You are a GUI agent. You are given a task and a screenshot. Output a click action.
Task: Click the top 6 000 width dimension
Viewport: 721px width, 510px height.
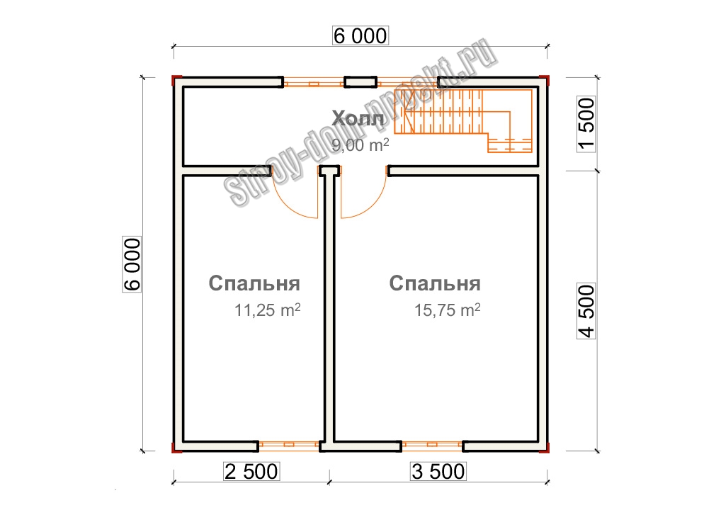point(360,36)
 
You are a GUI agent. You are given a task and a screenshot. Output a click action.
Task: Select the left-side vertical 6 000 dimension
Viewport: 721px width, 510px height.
point(132,264)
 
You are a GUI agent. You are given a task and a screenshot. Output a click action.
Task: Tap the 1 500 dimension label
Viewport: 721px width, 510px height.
point(586,124)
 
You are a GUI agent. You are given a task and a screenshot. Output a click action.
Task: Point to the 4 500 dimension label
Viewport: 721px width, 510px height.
point(586,311)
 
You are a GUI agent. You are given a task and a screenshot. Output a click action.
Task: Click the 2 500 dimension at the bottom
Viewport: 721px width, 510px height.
point(251,471)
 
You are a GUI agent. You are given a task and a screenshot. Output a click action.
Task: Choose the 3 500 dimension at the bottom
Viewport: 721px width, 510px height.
point(438,471)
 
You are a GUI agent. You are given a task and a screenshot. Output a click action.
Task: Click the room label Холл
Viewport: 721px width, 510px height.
point(358,118)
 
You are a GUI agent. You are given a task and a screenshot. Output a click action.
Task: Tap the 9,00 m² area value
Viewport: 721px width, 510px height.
point(360,145)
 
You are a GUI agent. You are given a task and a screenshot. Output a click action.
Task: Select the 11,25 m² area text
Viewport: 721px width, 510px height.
point(268,310)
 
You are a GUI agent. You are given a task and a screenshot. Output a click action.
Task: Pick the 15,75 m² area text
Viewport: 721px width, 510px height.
point(448,310)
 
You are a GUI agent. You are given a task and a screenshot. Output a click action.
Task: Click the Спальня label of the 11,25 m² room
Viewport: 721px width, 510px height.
point(254,283)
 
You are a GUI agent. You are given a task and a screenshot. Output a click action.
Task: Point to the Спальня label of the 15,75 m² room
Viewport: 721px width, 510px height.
point(435,283)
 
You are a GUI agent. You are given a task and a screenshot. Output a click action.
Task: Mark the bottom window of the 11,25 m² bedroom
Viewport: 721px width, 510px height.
point(289,445)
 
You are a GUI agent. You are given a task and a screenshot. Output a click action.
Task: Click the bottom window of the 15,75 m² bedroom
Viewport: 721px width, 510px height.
point(432,445)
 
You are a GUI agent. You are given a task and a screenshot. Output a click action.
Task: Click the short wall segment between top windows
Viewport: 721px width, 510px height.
point(360,82)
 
